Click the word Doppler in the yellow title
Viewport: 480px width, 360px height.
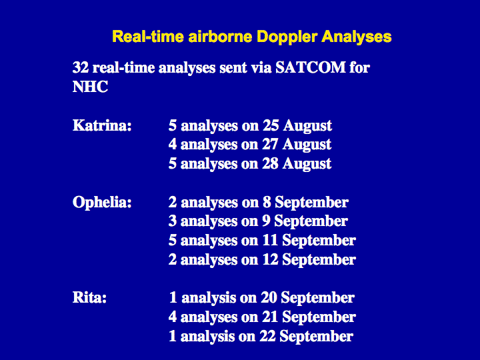coord(286,37)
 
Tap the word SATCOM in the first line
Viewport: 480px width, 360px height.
coord(311,67)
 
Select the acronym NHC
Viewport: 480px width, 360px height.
coord(90,87)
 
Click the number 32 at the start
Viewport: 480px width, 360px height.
coord(81,67)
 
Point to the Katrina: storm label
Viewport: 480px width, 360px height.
coord(102,125)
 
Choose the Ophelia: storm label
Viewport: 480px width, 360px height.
coord(102,203)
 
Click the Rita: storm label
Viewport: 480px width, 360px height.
coord(89,297)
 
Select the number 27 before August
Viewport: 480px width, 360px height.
coord(270,145)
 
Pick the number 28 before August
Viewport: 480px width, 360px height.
coord(270,164)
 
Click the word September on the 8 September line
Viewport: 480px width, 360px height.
coord(311,203)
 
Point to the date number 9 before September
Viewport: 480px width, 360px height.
coord(266,221)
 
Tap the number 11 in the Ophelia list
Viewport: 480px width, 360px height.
coord(270,240)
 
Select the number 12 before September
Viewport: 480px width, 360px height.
coord(270,259)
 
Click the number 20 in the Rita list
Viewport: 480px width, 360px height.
coord(269,297)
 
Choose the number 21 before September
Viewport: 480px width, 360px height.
coord(270,317)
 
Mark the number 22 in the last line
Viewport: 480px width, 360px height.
coord(267,336)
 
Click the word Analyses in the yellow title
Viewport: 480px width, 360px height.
coord(356,37)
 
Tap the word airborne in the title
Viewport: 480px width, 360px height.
coord(220,37)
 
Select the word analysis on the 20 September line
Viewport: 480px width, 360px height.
coord(209,298)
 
